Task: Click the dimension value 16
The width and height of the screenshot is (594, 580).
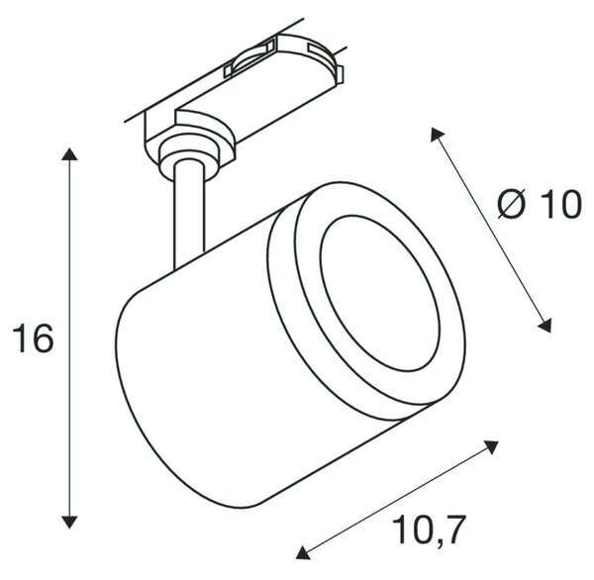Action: pyautogui.click(x=34, y=338)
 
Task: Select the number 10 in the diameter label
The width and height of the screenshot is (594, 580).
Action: pyautogui.click(x=559, y=205)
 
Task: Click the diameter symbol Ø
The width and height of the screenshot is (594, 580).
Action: pyautogui.click(x=512, y=204)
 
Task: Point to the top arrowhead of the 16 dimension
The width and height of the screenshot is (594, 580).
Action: pyautogui.click(x=69, y=154)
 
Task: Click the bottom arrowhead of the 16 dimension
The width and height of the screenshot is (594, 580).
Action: pyautogui.click(x=69, y=522)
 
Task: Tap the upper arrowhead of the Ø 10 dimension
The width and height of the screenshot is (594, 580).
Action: pyautogui.click(x=436, y=134)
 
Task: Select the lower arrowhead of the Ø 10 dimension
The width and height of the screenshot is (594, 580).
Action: pyautogui.click(x=545, y=327)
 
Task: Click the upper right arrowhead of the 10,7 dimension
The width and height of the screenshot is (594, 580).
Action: pyautogui.click(x=491, y=446)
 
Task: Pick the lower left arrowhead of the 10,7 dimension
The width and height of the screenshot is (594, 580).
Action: pyautogui.click(x=303, y=552)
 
